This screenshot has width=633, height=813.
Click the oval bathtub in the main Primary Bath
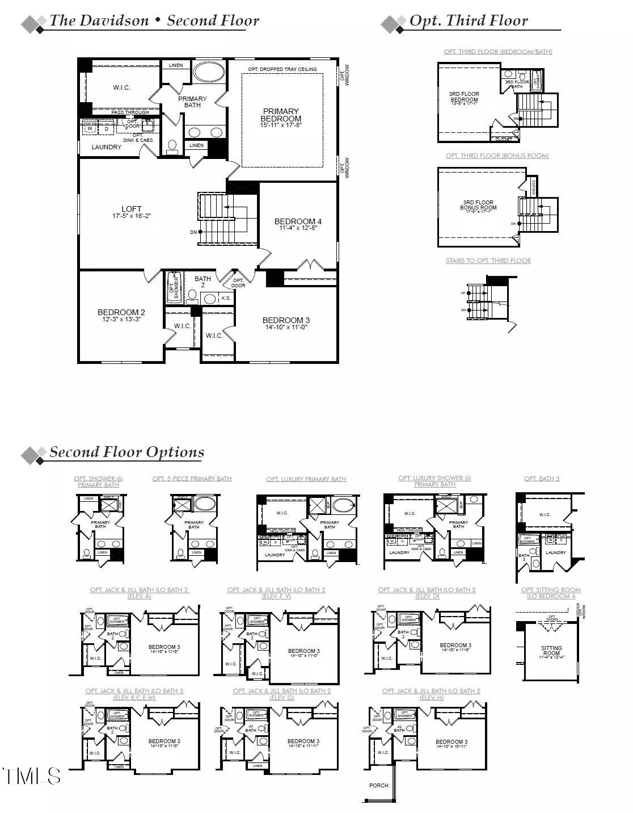point(208,73)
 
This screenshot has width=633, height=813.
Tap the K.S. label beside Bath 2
point(226,298)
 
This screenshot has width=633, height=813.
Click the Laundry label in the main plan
point(107,147)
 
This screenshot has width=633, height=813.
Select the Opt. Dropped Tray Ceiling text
point(282,69)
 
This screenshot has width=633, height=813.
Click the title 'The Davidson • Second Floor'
point(154,21)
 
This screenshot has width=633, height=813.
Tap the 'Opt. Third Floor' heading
point(469,22)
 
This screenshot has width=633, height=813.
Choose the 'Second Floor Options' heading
point(126,452)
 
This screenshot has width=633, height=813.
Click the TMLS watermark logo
point(31,776)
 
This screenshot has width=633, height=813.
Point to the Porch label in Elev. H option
point(379,786)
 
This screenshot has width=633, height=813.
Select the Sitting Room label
point(551,651)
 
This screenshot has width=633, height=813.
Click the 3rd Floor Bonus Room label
point(478,205)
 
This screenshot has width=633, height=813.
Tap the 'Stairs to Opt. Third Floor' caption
point(488,261)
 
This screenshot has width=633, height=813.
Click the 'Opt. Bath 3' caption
point(542,479)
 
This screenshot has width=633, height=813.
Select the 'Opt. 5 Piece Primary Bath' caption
point(192,479)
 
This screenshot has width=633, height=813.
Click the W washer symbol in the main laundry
point(90,129)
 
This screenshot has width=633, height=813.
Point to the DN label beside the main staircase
point(194,232)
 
